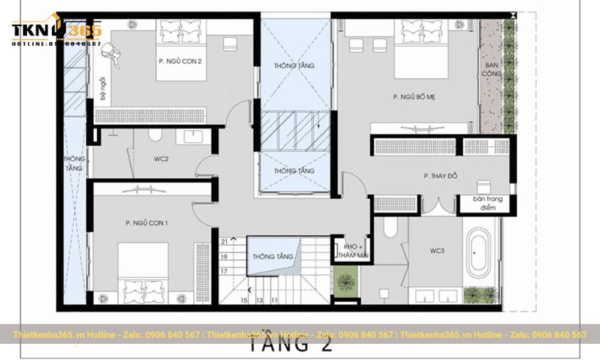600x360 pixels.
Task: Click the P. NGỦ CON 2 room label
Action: point(180,61)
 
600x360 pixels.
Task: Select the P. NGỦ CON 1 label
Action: point(147,223)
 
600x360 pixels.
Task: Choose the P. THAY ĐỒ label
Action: point(441,176)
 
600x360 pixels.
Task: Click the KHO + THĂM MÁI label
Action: point(352,251)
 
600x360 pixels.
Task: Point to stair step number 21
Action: point(224,241)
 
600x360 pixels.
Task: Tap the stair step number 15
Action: point(244,299)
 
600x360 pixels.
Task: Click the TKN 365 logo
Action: point(56,30)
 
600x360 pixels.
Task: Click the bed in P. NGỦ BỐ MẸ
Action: point(421,48)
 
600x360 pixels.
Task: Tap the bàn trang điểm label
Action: point(486,203)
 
